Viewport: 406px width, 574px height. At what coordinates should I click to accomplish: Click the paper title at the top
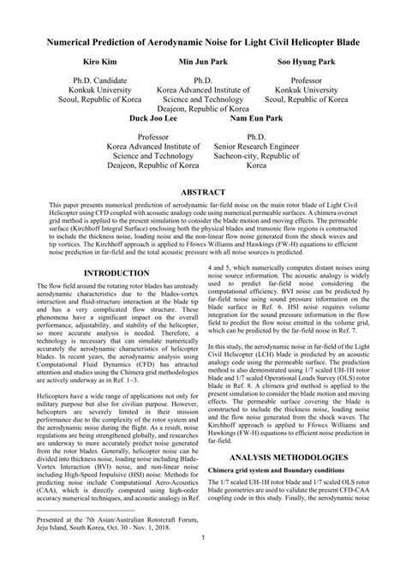(x=203, y=40)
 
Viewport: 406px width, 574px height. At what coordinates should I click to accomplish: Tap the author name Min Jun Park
(x=203, y=63)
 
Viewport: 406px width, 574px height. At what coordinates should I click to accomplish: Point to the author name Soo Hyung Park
(x=311, y=63)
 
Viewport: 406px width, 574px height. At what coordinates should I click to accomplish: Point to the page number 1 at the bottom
(x=203, y=561)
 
